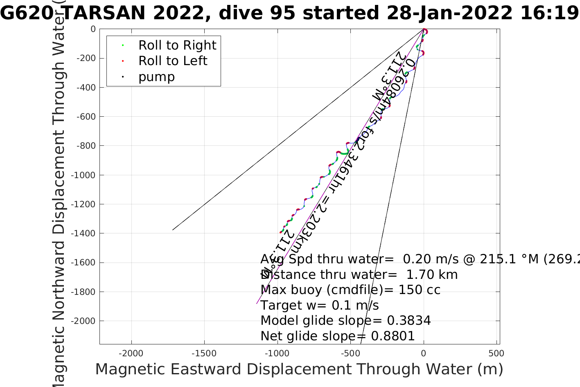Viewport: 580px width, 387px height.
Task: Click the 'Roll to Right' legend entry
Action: (177, 45)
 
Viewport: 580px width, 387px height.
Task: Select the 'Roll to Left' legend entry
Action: (173, 61)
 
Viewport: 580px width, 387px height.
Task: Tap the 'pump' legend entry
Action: (156, 77)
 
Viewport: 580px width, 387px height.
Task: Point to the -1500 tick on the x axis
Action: (204, 353)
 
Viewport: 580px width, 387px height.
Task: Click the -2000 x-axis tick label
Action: (131, 353)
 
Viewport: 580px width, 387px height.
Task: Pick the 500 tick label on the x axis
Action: (496, 353)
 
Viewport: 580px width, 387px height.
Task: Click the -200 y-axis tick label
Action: (86, 58)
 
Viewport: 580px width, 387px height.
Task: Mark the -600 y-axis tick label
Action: (86, 117)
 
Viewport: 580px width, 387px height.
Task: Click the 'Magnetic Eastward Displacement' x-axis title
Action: (299, 369)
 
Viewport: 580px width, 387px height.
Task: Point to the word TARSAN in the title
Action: (105, 13)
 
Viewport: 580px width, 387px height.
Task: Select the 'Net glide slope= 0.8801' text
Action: (337, 336)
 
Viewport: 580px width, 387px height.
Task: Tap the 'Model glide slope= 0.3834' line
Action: (345, 320)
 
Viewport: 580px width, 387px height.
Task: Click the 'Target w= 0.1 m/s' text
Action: (319, 305)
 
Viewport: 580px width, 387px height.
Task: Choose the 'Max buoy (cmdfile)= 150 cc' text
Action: (350, 290)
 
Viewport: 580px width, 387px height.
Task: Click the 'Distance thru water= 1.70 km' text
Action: (359, 274)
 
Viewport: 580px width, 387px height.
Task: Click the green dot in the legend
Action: (123, 45)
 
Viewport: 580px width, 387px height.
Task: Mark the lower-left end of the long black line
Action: (173, 230)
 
